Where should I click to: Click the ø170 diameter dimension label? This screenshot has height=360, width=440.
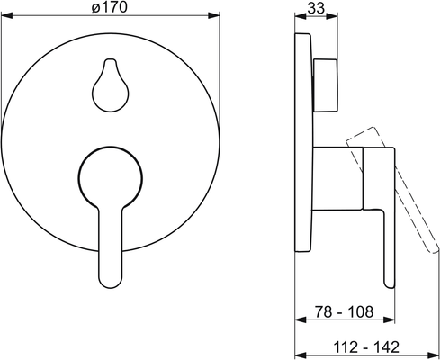click(110, 7)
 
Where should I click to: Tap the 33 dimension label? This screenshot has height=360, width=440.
click(316, 8)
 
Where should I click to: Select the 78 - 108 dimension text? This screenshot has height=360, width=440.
click(344, 312)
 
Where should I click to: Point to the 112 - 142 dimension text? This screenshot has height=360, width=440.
click(366, 347)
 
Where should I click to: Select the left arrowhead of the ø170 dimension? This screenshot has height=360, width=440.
click(6, 15)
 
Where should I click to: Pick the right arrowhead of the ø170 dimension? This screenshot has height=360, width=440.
click(214, 15)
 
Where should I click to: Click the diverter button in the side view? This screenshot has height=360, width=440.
click(326, 85)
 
